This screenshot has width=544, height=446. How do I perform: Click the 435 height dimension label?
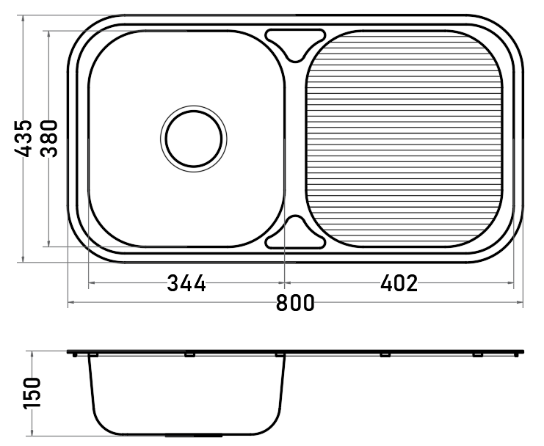(23, 138)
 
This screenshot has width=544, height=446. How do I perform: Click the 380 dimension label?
(48, 138)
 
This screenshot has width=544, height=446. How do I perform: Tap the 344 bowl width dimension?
(186, 283)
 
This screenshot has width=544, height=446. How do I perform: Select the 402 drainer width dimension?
(399, 283)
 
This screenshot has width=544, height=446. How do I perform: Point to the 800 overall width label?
(295, 302)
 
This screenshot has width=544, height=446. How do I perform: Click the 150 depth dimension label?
(32, 393)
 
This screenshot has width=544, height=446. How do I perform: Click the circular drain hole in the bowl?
(194, 139)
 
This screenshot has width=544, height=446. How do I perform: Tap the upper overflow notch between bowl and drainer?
(295, 45)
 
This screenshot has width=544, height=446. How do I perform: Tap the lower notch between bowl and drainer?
(295, 233)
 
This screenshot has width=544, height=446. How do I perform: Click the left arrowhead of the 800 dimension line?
(70, 302)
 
